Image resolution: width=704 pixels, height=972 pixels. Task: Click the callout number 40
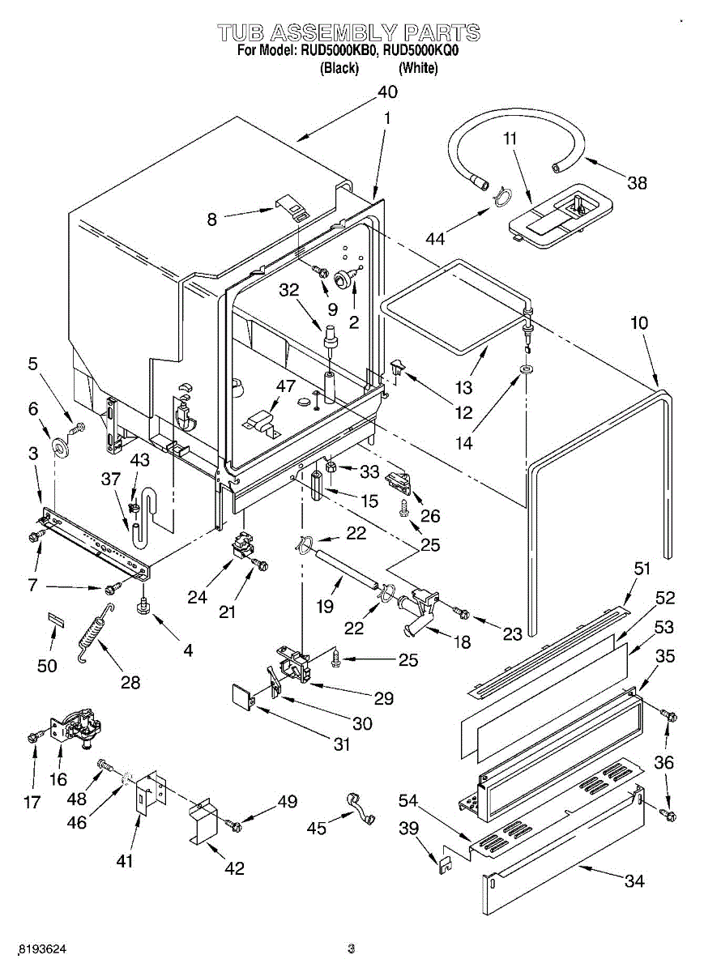point(387,92)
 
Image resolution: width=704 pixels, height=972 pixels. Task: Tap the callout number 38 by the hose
point(637,183)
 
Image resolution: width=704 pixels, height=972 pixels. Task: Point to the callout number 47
point(286,386)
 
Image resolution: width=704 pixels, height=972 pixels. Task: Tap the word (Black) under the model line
point(339,69)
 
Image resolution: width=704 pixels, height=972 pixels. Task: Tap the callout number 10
point(640,323)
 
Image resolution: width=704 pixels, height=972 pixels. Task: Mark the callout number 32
point(289,290)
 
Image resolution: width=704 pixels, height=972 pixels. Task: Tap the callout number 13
point(463,387)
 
